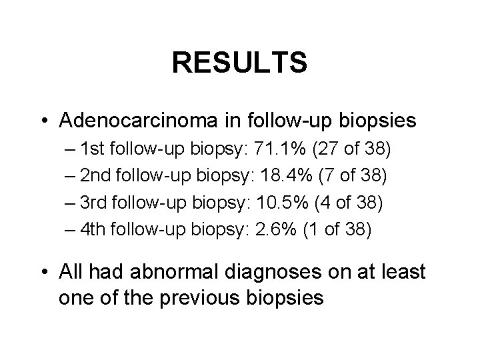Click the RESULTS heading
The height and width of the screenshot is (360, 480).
click(239, 63)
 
